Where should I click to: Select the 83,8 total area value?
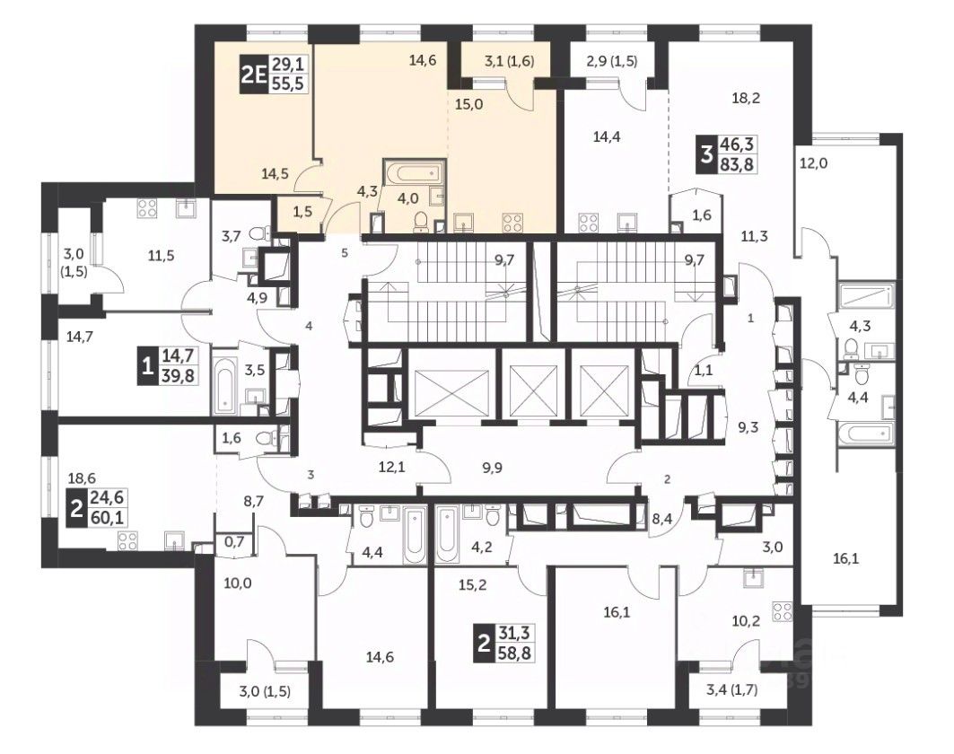coord(737,163)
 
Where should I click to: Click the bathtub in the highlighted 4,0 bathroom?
coord(415,173)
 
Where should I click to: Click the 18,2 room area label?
coord(746,98)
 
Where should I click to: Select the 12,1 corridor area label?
coord(391,468)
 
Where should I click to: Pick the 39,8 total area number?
coord(178,375)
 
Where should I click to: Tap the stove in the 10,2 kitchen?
coord(783,613)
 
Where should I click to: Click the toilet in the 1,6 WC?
coord(266,438)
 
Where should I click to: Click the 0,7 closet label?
coord(233,541)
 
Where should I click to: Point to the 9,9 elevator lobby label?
coord(492,468)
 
